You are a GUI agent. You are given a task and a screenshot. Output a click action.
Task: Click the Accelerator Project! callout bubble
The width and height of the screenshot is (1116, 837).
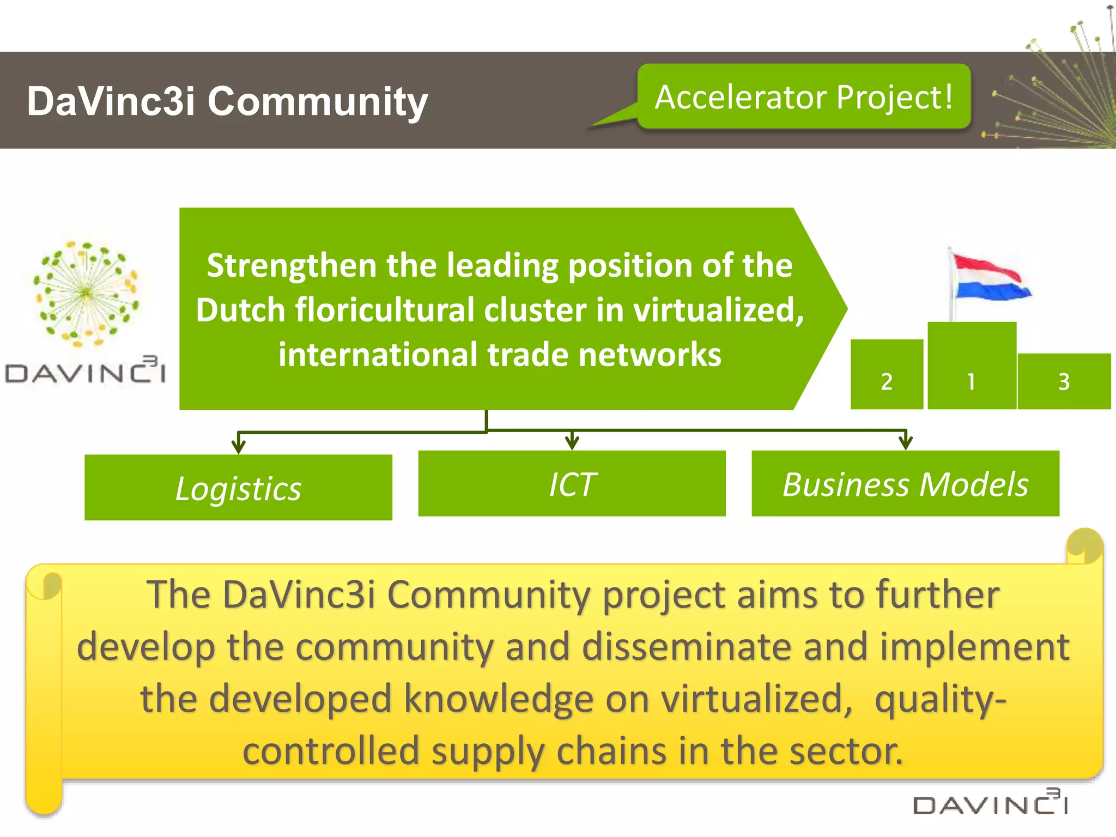point(804,97)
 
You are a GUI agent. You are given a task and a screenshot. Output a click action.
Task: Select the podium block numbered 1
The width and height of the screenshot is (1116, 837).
point(972,365)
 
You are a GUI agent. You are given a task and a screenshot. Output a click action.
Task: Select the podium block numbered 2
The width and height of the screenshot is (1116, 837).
point(887,374)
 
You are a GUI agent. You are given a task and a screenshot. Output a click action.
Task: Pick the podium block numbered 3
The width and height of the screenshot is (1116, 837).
point(1064,381)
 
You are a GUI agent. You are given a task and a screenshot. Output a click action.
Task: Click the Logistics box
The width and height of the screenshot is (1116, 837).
point(238,487)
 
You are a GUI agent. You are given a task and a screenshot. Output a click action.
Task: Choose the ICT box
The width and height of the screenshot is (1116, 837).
point(572,483)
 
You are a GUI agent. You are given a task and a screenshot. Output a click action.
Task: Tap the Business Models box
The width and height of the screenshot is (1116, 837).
point(905,483)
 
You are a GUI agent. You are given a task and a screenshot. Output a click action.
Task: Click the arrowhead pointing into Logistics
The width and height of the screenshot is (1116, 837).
point(238,446)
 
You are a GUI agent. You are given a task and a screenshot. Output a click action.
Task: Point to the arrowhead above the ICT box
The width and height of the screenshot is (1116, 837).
point(572,442)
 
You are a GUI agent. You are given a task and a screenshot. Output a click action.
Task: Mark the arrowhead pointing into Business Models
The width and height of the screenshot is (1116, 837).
point(906,442)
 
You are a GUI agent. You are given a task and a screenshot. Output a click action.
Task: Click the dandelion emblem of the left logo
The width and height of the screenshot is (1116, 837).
point(86,293)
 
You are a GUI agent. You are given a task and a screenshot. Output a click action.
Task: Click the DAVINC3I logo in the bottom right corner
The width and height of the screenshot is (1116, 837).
point(990,803)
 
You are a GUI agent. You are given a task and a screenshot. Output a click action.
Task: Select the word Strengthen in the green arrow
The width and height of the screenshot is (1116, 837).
point(292,265)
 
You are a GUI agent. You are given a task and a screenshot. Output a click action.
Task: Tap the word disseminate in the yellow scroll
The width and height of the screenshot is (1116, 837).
point(687,647)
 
